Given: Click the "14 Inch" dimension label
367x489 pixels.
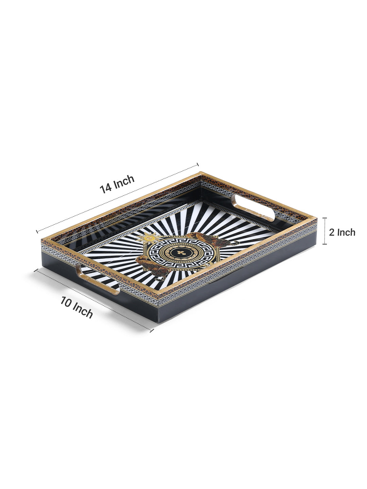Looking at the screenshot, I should click(x=117, y=184).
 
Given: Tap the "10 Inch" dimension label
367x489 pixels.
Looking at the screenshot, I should click(x=76, y=307).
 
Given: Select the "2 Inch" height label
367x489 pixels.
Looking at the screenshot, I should click(x=342, y=233).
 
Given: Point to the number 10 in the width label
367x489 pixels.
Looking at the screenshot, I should click(x=66, y=302).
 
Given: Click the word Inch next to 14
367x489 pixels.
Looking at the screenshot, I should click(x=124, y=181).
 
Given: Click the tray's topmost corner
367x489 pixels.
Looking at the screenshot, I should click(x=199, y=173).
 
